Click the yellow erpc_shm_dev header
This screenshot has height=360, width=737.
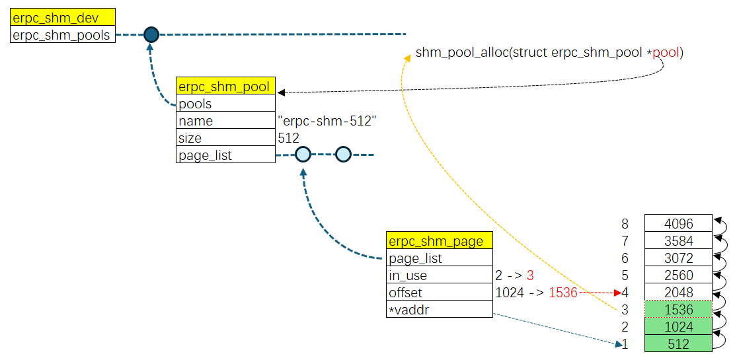coord(63,18)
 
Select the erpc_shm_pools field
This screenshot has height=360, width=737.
coord(63,35)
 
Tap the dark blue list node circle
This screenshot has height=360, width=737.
coord(151,34)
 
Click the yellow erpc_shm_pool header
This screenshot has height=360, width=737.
coord(225,87)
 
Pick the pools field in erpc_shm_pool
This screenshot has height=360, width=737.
coord(225,104)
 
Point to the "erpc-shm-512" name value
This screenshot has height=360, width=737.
coord(327,121)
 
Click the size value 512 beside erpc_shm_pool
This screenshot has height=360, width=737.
coord(289,138)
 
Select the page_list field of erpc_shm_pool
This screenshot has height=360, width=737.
coord(225,155)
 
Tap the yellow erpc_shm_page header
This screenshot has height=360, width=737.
coord(439,241)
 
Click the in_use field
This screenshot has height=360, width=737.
coord(439,275)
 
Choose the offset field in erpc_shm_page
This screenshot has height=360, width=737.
coord(439,293)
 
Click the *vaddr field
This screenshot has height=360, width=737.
coord(439,310)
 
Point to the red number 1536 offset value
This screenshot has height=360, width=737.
coord(563,293)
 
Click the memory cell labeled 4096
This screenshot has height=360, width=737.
coord(678,223)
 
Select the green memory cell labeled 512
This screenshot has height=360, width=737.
coord(678,343)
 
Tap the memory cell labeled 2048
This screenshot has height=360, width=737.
coord(678,292)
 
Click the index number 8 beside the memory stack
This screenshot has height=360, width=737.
coord(625,224)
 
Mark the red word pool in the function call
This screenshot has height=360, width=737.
coord(666,52)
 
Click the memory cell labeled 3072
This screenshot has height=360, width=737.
coord(678,258)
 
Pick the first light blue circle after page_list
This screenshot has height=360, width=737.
coord(303,155)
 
